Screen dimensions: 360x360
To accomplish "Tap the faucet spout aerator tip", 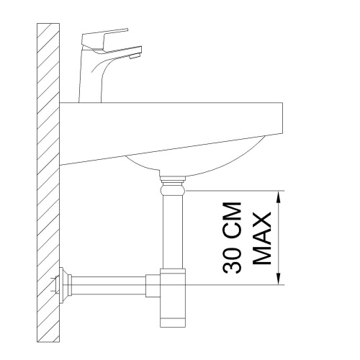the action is pos(135,56).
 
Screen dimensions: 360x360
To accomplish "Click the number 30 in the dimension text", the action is pos(232,260).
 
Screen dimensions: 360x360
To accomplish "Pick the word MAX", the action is pos(262,238).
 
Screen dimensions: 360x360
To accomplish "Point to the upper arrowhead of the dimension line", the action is pos(279,197).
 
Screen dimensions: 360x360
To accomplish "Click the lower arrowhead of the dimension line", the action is pos(279,279).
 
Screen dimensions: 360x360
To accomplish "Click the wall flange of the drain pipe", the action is pos(63,285).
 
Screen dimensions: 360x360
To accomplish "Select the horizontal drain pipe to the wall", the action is pos(109,285).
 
